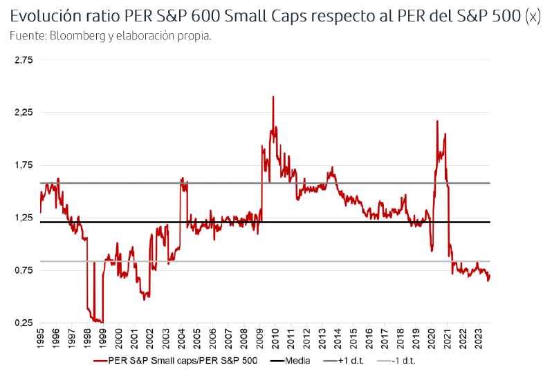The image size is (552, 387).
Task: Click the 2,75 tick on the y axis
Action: click(x=24, y=60)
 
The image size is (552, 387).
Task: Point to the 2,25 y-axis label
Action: click(x=24, y=113)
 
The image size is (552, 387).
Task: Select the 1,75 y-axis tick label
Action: click(x=24, y=165)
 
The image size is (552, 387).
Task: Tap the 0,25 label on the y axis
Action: click(x=24, y=323)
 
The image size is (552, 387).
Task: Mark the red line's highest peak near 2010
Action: click(x=273, y=97)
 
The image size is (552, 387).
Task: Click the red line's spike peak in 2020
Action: click(x=437, y=121)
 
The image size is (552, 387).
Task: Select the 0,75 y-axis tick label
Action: click(x=24, y=270)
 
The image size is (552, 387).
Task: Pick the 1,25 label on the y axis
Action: click(x=24, y=218)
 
